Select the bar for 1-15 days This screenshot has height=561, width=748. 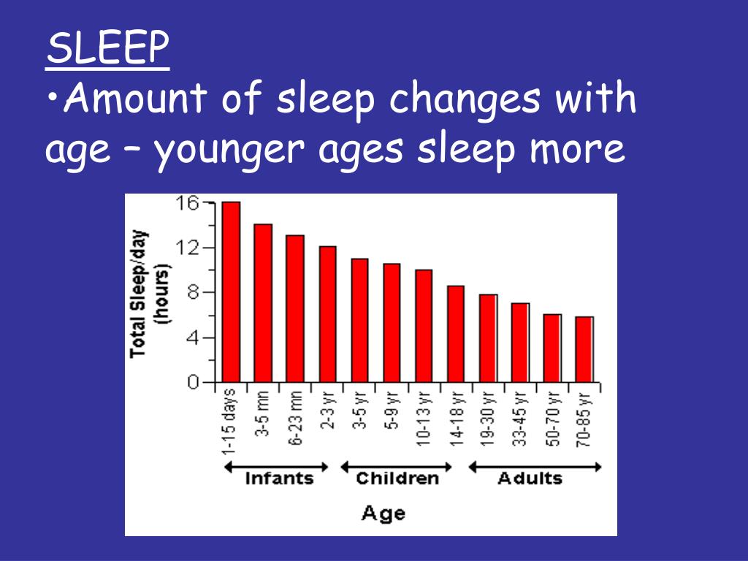pyautogui.click(x=231, y=291)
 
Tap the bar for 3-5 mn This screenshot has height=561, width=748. pyautogui.click(x=263, y=302)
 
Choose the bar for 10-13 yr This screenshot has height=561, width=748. pyautogui.click(x=424, y=326)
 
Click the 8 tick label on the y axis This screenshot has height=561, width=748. pyautogui.click(x=191, y=293)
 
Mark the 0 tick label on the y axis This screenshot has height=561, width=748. pyautogui.click(x=192, y=382)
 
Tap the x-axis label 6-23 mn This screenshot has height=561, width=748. pyautogui.click(x=295, y=417)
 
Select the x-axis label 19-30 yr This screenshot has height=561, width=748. pyautogui.click(x=489, y=417)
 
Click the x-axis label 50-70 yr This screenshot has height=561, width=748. pyautogui.click(x=553, y=417)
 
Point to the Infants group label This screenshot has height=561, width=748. pyautogui.click(x=278, y=479)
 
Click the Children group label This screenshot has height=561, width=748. pyautogui.click(x=397, y=479)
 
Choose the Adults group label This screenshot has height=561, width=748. pyautogui.click(x=530, y=479)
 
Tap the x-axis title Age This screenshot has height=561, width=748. pyautogui.click(x=383, y=513)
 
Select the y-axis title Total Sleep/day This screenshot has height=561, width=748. pyautogui.click(x=138, y=292)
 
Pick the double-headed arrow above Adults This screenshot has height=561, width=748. pyautogui.click(x=535, y=467)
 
